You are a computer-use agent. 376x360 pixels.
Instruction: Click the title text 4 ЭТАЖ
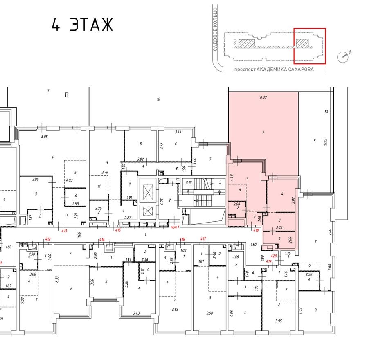coord(82,25)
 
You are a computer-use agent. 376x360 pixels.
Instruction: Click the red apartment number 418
coord(257,231)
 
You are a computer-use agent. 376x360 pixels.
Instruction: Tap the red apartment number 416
coord(182,239)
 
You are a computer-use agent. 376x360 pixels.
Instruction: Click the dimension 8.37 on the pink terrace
coord(263,97)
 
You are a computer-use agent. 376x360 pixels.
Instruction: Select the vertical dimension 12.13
coord(326,142)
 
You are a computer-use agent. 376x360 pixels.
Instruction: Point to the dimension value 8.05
coord(44,137)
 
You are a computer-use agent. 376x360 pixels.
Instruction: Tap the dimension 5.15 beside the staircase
coord(189,182)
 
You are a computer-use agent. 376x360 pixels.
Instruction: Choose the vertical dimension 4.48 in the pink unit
coord(232,178)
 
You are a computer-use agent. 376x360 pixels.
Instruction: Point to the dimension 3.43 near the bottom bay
coord(137,313)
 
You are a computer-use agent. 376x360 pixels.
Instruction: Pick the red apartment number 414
coord(102,239)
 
